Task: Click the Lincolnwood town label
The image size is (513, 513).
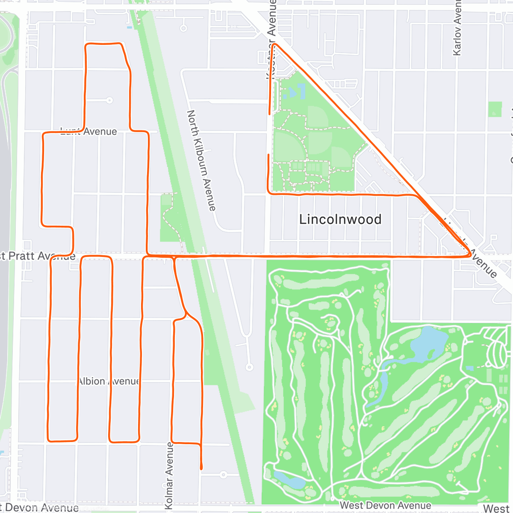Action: tap(340, 219)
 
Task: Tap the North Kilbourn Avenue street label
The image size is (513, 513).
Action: tap(201, 160)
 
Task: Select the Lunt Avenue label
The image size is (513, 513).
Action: tap(89, 131)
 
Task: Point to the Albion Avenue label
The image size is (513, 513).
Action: tap(109, 381)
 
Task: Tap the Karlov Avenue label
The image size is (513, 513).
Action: tap(457, 28)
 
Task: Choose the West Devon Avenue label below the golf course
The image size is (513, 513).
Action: tap(385, 505)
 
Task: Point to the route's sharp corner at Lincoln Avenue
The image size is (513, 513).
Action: tap(470, 255)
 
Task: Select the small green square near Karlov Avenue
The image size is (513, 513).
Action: tap(495, 109)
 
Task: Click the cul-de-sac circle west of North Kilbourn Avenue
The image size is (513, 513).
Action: tap(110, 100)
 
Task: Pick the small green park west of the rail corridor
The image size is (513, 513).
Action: tap(170, 217)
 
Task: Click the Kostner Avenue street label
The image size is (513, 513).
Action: tap(271, 38)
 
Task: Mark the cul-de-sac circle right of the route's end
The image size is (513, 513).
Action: tap(223, 475)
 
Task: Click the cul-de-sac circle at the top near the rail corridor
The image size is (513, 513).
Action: tap(183, 29)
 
